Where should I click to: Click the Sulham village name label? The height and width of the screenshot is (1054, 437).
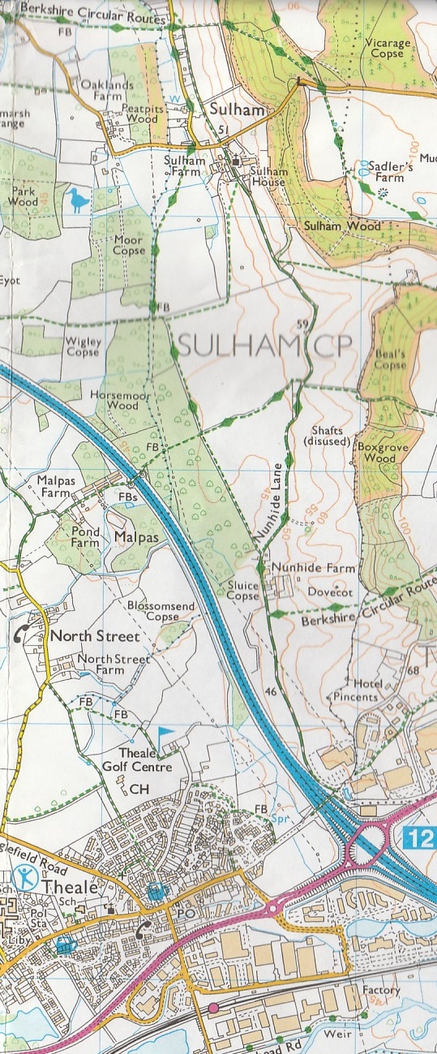tap(225, 110)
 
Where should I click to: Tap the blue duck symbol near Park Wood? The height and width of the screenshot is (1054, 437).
tap(78, 199)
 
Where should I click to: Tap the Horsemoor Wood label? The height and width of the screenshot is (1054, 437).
tap(119, 398)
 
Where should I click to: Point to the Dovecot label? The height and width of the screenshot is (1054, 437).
tap(328, 592)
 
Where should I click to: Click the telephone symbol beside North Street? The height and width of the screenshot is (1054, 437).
tap(22, 635)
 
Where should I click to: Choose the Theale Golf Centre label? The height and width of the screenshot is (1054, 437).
tap(146, 759)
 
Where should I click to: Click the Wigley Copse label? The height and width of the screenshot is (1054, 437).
tap(84, 347)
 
